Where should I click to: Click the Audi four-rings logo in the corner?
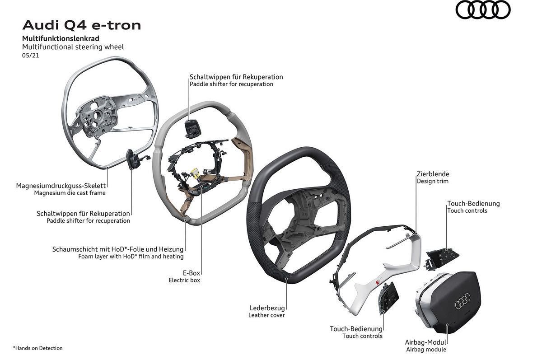tap(483, 10)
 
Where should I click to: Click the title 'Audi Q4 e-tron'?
tap(81, 25)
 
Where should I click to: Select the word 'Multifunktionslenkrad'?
tap(61, 38)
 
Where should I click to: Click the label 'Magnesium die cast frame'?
tap(70, 193)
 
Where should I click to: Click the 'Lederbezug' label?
tap(267, 308)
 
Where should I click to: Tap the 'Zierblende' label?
tap(433, 174)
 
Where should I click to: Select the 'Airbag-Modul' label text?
tap(427, 342)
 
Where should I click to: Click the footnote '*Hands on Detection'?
tap(38, 348)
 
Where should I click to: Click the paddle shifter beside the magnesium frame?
tap(132, 159)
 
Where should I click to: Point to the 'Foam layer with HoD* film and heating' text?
tap(131, 257)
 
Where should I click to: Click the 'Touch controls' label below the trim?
tap(362, 336)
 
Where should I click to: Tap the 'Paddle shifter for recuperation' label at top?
tap(231, 84)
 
